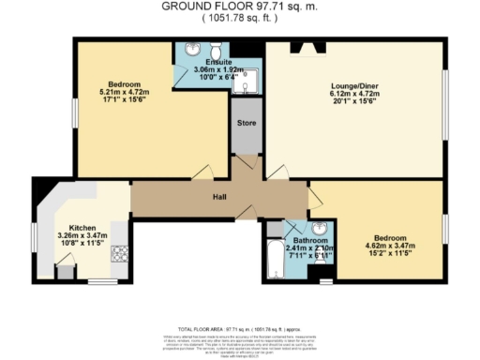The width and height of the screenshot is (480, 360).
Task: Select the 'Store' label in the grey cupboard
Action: (x=246, y=122)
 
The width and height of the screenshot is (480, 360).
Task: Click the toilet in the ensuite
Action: (x=214, y=50)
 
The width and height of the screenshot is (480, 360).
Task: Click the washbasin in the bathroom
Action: (x=320, y=228)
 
